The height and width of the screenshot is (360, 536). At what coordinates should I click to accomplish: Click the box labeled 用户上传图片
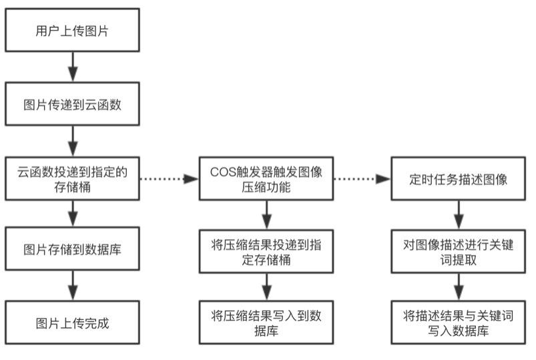coord(72,30)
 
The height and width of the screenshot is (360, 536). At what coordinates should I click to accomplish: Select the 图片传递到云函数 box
coord(72,105)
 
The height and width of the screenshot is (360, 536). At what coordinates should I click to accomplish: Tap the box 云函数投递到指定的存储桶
coord(72,179)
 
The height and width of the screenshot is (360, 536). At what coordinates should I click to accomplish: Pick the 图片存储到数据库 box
coord(72,249)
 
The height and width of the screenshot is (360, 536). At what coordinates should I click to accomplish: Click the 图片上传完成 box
coord(72,324)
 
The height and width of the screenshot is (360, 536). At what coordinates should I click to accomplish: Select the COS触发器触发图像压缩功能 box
coord(266,179)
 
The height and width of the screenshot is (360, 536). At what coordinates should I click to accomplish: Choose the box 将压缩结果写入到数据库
coord(266,323)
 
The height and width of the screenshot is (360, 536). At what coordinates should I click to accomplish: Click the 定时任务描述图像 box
coord(457,179)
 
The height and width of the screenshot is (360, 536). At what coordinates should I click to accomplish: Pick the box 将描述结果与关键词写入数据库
coord(457,323)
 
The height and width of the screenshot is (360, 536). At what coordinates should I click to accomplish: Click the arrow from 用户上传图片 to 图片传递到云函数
coord(72,67)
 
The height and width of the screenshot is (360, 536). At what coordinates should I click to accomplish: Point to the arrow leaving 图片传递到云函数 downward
coord(72,141)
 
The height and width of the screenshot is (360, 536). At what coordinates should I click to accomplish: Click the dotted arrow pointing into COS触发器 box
coord(170,179)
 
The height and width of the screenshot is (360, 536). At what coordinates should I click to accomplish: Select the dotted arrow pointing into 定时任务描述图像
coord(362,179)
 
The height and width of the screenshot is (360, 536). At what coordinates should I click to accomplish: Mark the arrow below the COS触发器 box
coord(266,214)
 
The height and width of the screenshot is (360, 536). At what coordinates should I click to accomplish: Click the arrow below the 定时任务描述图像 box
coord(457,214)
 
